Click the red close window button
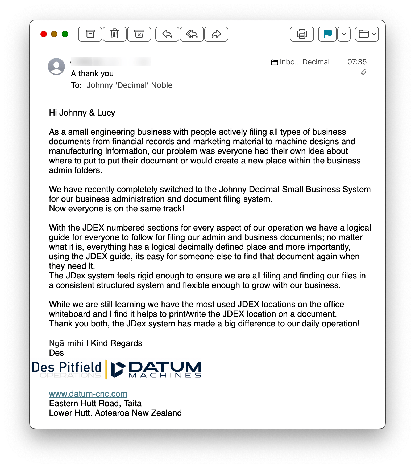44,34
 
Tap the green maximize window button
65,34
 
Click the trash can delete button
115,34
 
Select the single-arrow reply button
167,34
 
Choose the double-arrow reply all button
192,34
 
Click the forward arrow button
216,34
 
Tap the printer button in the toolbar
302,34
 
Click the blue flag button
327,34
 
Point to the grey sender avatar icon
56,67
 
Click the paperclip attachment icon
364,72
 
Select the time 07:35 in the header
357,62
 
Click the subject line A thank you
92,73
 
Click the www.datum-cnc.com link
88,394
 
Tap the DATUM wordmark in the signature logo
165,367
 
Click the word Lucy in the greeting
106,113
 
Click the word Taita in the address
132,404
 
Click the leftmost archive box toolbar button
90,34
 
